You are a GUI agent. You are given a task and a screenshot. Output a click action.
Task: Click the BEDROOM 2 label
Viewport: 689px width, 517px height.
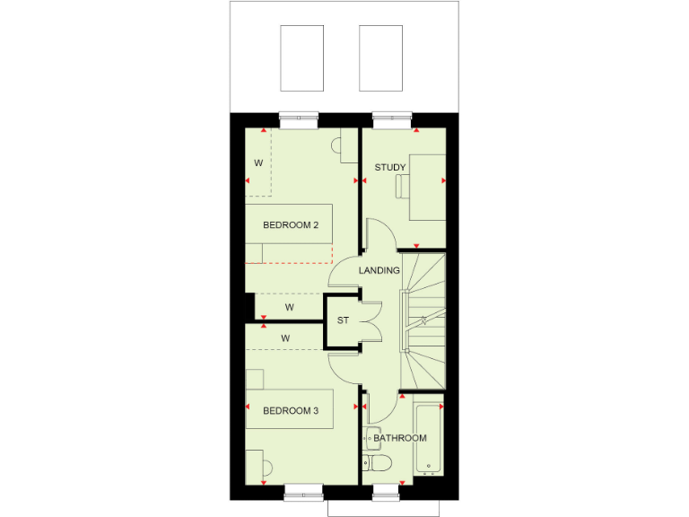(291, 225)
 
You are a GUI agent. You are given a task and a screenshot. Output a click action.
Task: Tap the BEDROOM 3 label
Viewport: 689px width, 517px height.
(291, 411)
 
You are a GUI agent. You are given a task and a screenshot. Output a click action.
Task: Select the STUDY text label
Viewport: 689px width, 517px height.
(390, 168)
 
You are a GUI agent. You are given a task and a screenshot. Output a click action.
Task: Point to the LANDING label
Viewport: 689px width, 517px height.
(379, 270)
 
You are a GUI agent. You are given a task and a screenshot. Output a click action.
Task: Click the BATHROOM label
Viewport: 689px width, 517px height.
(400, 438)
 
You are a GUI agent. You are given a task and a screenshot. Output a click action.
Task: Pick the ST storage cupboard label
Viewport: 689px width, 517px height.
(343, 320)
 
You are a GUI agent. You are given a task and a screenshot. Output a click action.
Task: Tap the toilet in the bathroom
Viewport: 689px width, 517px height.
(377, 463)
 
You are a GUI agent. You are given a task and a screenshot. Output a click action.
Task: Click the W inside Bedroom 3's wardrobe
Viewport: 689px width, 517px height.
(285, 338)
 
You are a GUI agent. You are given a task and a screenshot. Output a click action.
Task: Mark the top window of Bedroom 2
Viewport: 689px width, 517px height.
(298, 116)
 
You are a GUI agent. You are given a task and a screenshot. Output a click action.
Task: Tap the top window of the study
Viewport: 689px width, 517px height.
(392, 116)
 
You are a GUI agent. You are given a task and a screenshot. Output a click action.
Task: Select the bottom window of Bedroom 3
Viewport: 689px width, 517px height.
(304, 492)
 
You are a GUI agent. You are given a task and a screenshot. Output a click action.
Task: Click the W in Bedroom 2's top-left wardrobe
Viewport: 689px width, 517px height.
(258, 163)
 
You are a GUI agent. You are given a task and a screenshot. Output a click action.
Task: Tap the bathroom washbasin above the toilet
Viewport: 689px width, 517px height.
(371, 436)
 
